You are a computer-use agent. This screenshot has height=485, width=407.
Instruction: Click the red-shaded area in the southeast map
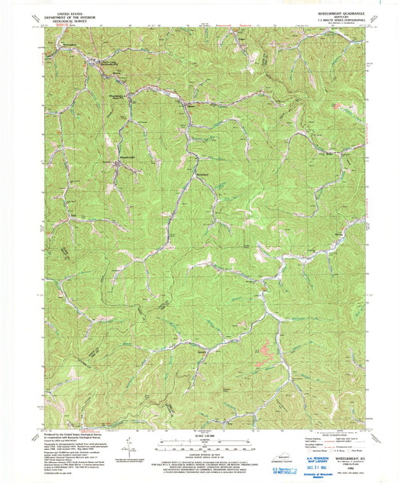(263, 349)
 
